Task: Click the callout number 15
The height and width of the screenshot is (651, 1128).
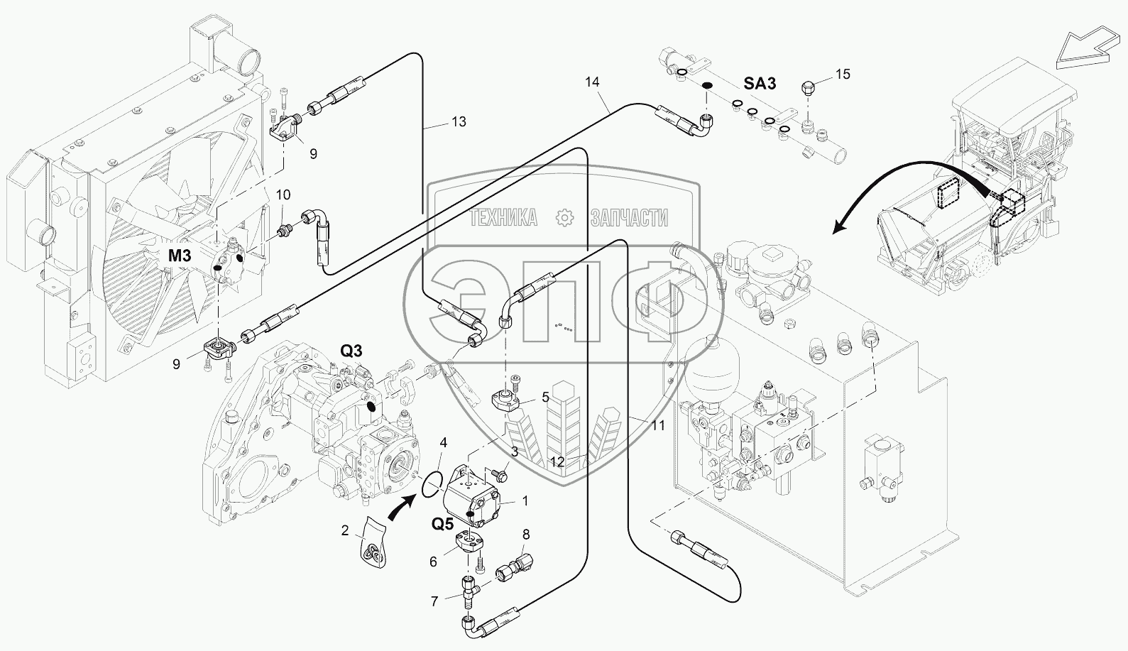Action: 842,74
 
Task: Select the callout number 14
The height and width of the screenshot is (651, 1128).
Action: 592,82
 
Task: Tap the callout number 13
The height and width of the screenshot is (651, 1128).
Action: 459,122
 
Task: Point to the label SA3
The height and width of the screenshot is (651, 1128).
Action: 760,84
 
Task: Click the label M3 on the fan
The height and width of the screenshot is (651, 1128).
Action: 180,255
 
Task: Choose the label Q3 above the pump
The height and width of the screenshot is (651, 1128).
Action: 351,350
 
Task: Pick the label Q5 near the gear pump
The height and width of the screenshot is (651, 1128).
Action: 443,524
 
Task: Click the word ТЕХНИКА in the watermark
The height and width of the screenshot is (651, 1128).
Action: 503,219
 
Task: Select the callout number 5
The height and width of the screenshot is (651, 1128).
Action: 545,398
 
